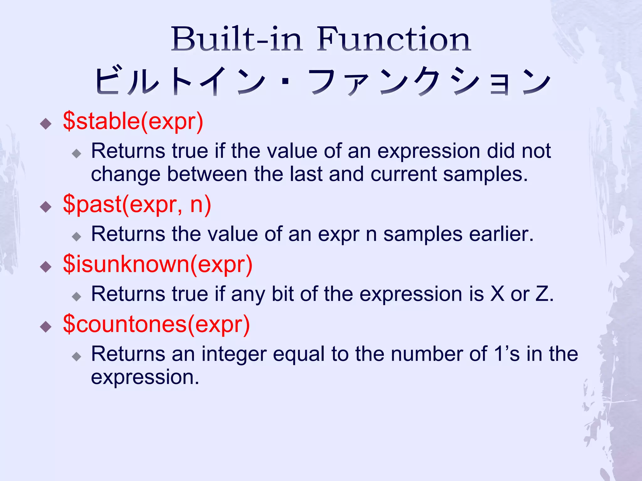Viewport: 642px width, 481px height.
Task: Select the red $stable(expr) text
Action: pyautogui.click(x=133, y=121)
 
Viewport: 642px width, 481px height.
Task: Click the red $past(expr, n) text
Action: pyautogui.click(x=137, y=204)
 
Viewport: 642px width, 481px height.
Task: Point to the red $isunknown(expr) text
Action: pyautogui.click(x=158, y=264)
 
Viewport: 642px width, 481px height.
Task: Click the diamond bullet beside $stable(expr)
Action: pyautogui.click(x=46, y=124)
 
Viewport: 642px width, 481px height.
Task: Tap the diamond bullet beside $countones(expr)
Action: pyautogui.click(x=46, y=327)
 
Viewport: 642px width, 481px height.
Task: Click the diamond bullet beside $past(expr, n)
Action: pyautogui.click(x=46, y=207)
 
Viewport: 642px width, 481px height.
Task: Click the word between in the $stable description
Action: pyautogui.click(x=207, y=174)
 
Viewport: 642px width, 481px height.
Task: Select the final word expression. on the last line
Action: pyautogui.click(x=145, y=377)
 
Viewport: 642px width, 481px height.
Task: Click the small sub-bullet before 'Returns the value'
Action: pyautogui.click(x=76, y=236)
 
